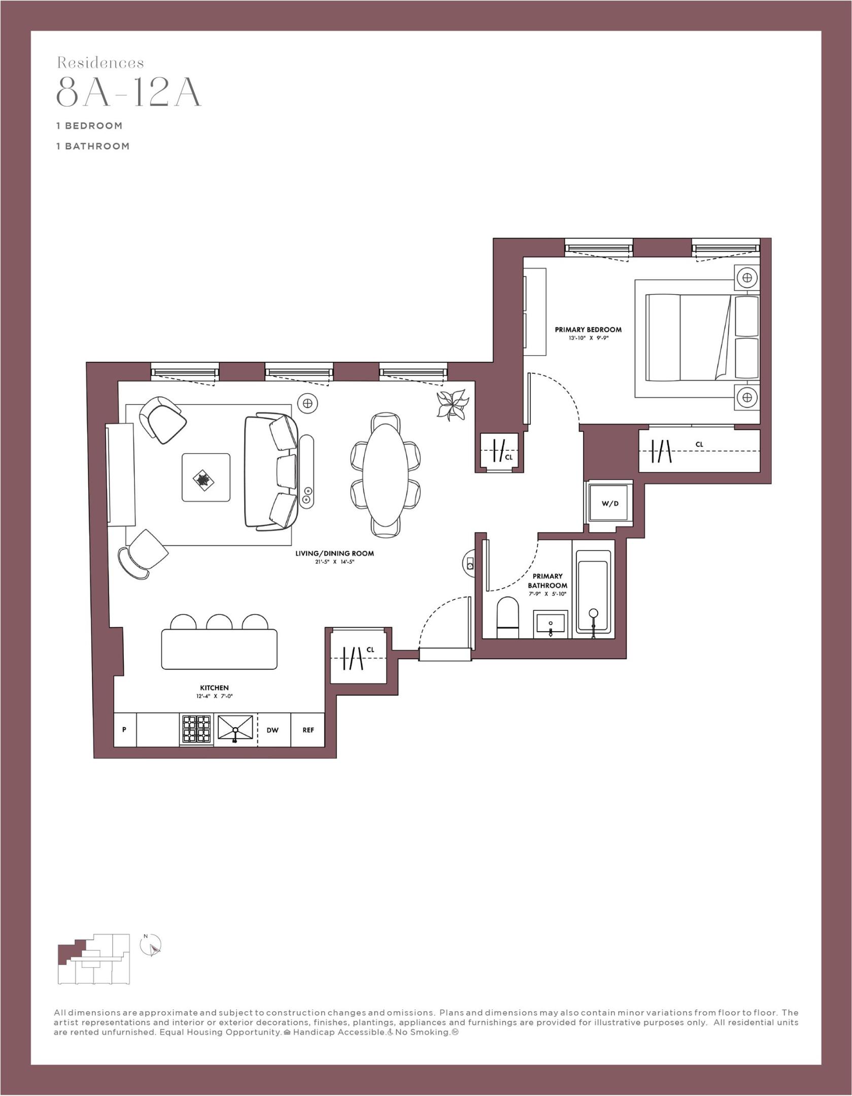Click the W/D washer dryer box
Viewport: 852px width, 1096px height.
point(610,503)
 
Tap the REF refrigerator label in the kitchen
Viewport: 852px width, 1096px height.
point(308,730)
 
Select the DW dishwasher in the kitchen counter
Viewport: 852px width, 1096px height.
point(272,730)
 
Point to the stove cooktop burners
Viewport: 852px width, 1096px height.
point(197,729)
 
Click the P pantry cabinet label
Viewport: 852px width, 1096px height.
point(124,730)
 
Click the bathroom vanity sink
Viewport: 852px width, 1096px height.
point(551,624)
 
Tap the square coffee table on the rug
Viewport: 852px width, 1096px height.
point(206,477)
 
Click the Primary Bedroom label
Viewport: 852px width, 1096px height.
point(588,329)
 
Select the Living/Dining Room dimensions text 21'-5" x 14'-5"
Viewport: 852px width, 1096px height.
point(334,562)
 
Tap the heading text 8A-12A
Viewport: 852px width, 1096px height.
point(128,92)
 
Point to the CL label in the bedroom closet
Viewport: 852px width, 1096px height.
point(699,444)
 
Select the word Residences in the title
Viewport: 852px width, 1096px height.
point(100,63)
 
